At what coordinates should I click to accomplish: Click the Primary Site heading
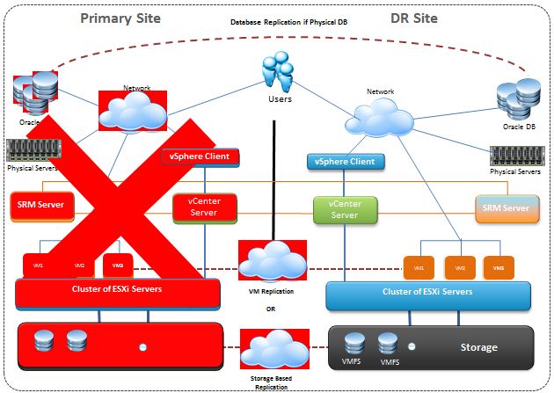tap(121, 18)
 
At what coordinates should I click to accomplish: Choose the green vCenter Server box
tap(344, 209)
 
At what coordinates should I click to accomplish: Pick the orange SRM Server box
tap(506, 208)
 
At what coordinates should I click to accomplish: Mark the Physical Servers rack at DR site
tap(514, 156)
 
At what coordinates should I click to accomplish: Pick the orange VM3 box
tap(499, 267)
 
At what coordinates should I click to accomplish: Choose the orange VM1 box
tap(419, 267)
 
